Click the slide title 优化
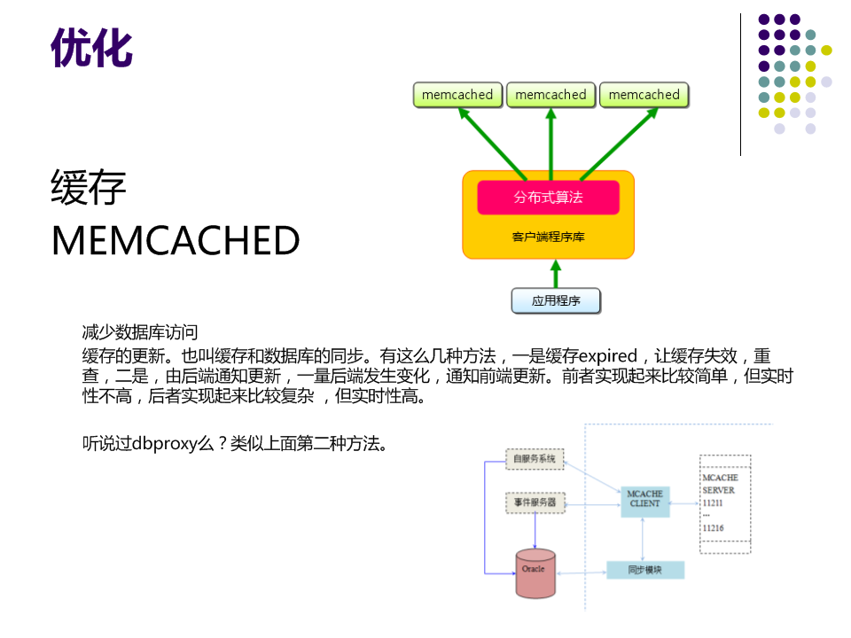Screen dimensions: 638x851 [x=91, y=48]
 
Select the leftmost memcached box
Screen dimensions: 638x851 [x=457, y=95]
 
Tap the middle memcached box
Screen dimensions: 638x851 [x=550, y=95]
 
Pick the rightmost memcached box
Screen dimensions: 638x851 [x=644, y=95]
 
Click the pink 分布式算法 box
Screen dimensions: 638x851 [x=548, y=197]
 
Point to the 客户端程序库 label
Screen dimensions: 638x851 [x=548, y=237]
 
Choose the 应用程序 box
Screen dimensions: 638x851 [x=556, y=300]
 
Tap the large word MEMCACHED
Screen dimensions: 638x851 [x=176, y=240]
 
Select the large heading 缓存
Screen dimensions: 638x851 [x=89, y=188]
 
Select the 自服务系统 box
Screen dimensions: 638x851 [x=535, y=458]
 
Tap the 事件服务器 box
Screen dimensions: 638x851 [x=535, y=502]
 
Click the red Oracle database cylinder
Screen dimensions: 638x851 [x=535, y=572]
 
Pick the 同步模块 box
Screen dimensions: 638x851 [x=644, y=570]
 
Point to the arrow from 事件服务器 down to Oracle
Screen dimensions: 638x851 [x=535, y=532]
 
